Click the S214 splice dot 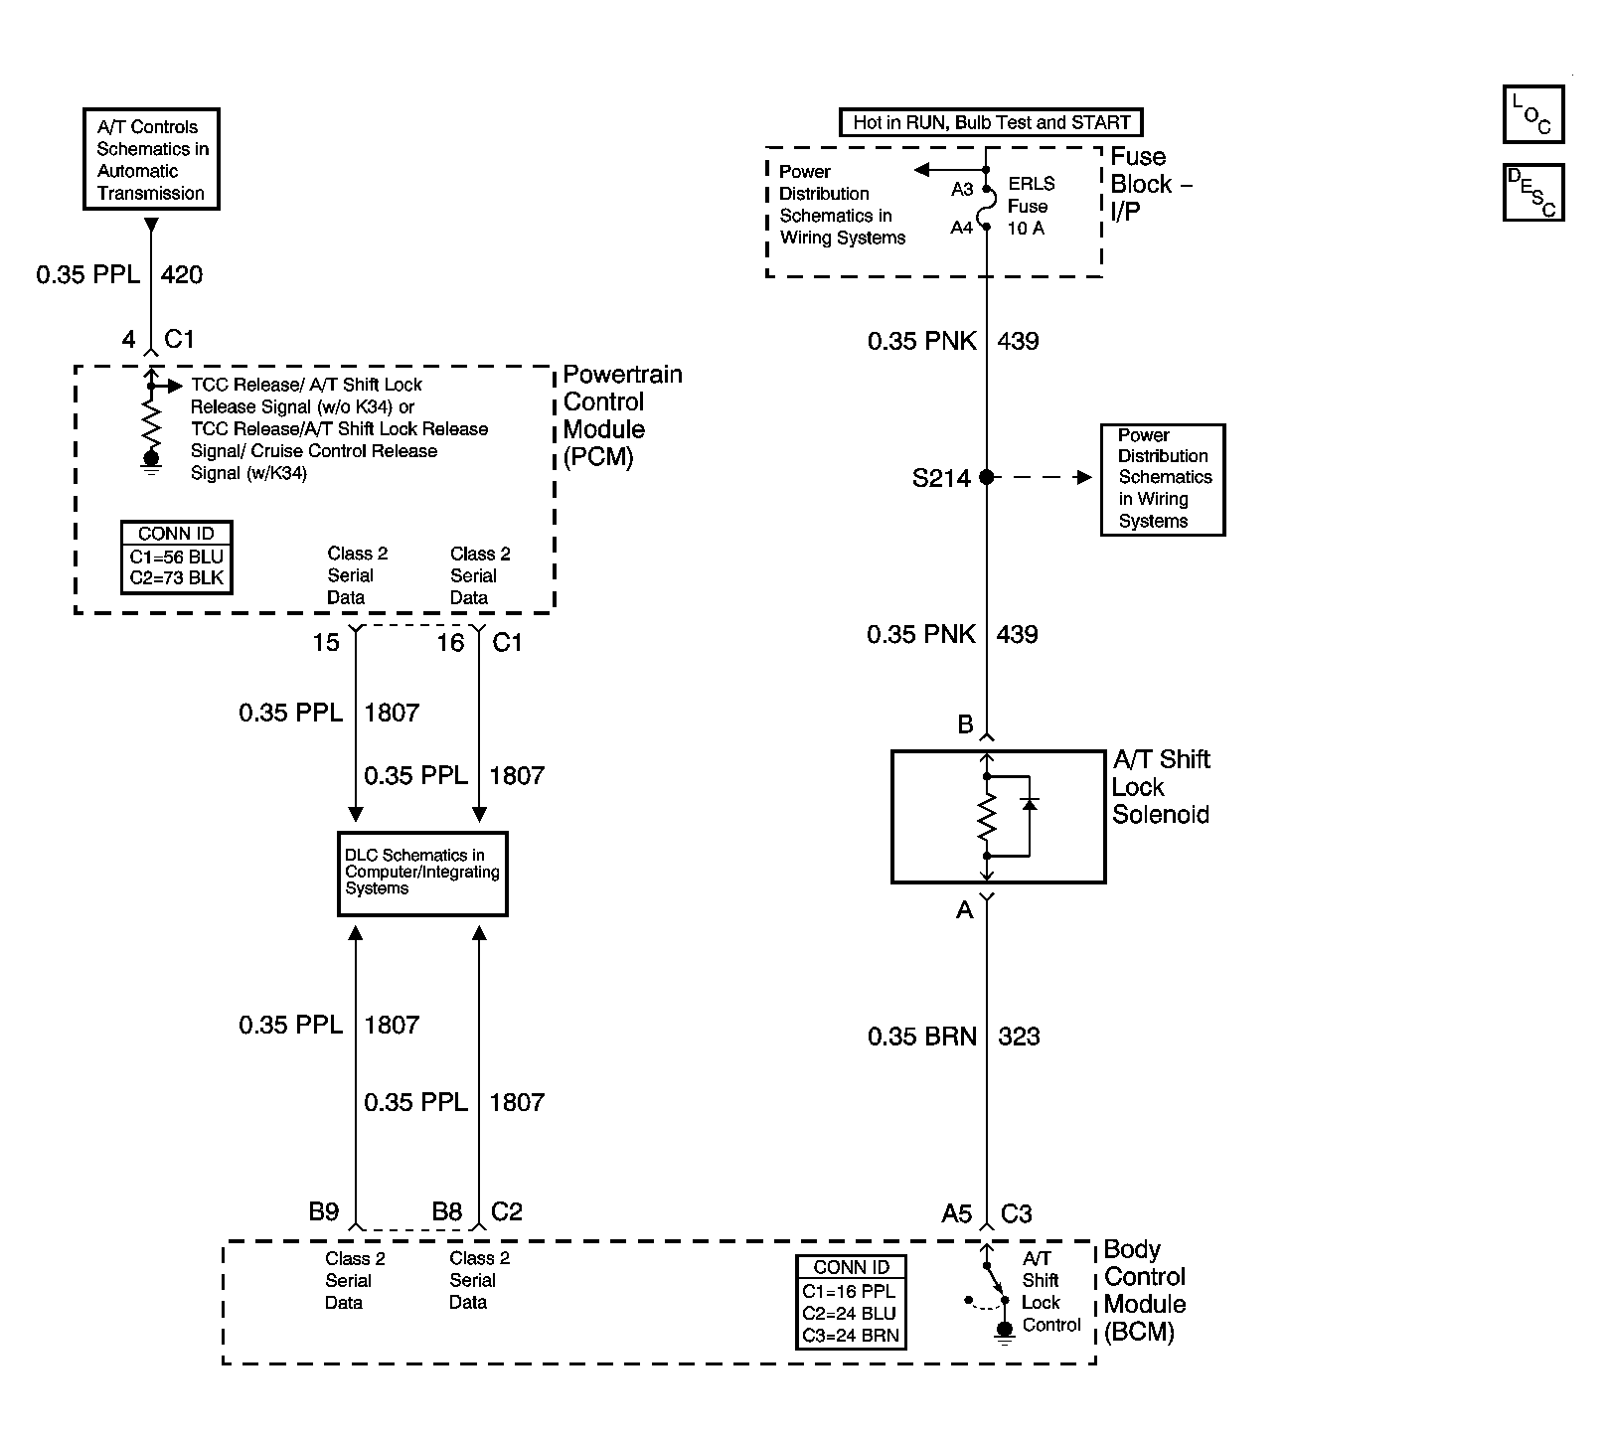pos(986,478)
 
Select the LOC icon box pos(1532,114)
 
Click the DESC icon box pos(1532,192)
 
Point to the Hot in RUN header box pos(991,122)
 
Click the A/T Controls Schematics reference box pos(151,159)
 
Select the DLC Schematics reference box pos(422,873)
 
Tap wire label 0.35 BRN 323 pos(952,1037)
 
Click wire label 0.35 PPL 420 pos(118,274)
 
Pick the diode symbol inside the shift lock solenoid pos(1030,802)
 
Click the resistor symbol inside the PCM pos(151,422)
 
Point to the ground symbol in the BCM pos(1005,1332)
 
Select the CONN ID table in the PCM pos(176,558)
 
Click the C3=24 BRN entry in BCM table pos(851,1336)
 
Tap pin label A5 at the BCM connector pos(956,1213)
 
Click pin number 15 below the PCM pos(326,643)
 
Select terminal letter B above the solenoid pos(965,724)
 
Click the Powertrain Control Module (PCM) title pos(621,415)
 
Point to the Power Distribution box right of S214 pos(1163,479)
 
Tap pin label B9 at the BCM pos(324,1211)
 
